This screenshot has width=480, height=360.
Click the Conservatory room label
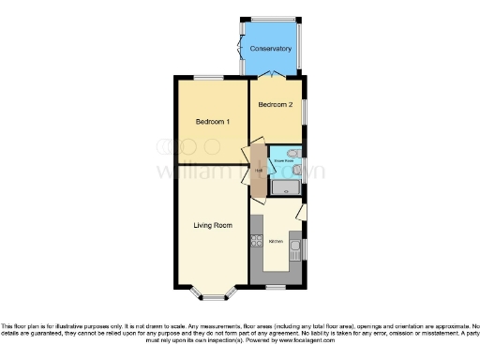(x=270, y=49)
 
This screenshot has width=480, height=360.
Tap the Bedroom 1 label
(x=213, y=122)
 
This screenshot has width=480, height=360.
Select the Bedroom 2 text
(x=276, y=104)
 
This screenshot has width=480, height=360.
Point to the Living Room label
(x=213, y=226)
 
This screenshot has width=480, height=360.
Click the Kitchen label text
(x=277, y=242)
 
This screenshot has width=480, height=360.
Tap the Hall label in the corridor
(x=257, y=171)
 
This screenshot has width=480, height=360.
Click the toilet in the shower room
(x=294, y=153)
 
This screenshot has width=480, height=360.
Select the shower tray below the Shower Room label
(x=285, y=188)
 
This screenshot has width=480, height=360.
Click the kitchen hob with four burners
(x=256, y=242)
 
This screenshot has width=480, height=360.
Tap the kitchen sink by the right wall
(x=294, y=248)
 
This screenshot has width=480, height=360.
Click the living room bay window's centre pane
(x=213, y=298)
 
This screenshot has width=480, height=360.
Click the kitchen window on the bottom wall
(x=277, y=285)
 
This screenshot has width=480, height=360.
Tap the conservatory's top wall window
(x=272, y=20)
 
